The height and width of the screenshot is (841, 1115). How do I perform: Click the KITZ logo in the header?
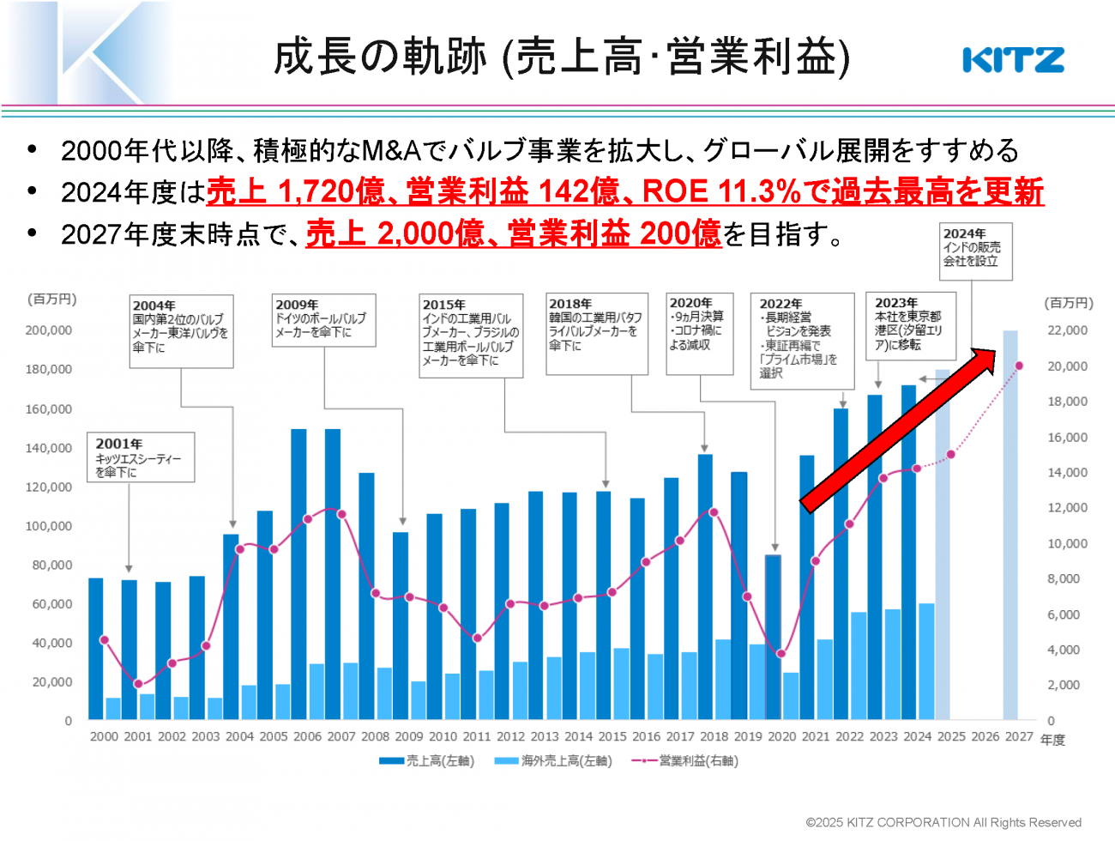[1013, 60]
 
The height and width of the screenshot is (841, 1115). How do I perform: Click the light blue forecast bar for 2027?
[1010, 523]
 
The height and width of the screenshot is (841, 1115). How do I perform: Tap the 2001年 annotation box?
[141, 457]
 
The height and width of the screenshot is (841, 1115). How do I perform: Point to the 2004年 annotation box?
[181, 331]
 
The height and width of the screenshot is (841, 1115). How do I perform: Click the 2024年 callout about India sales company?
[976, 251]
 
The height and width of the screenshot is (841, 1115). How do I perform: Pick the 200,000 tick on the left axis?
[49, 330]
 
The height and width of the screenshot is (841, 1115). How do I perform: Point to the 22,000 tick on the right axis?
[1067, 330]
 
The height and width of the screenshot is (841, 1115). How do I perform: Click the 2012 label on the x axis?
[510, 736]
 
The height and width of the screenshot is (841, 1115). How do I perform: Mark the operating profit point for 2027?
[1019, 366]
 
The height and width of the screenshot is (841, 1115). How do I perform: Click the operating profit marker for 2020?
[780, 654]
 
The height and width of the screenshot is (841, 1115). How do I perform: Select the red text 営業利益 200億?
[614, 233]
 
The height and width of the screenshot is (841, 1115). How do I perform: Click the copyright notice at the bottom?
[943, 822]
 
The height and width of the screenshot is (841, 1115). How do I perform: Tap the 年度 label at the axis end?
[1052, 740]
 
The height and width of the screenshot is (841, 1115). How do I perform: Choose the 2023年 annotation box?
[910, 325]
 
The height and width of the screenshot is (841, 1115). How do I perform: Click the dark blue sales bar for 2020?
[774, 637]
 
